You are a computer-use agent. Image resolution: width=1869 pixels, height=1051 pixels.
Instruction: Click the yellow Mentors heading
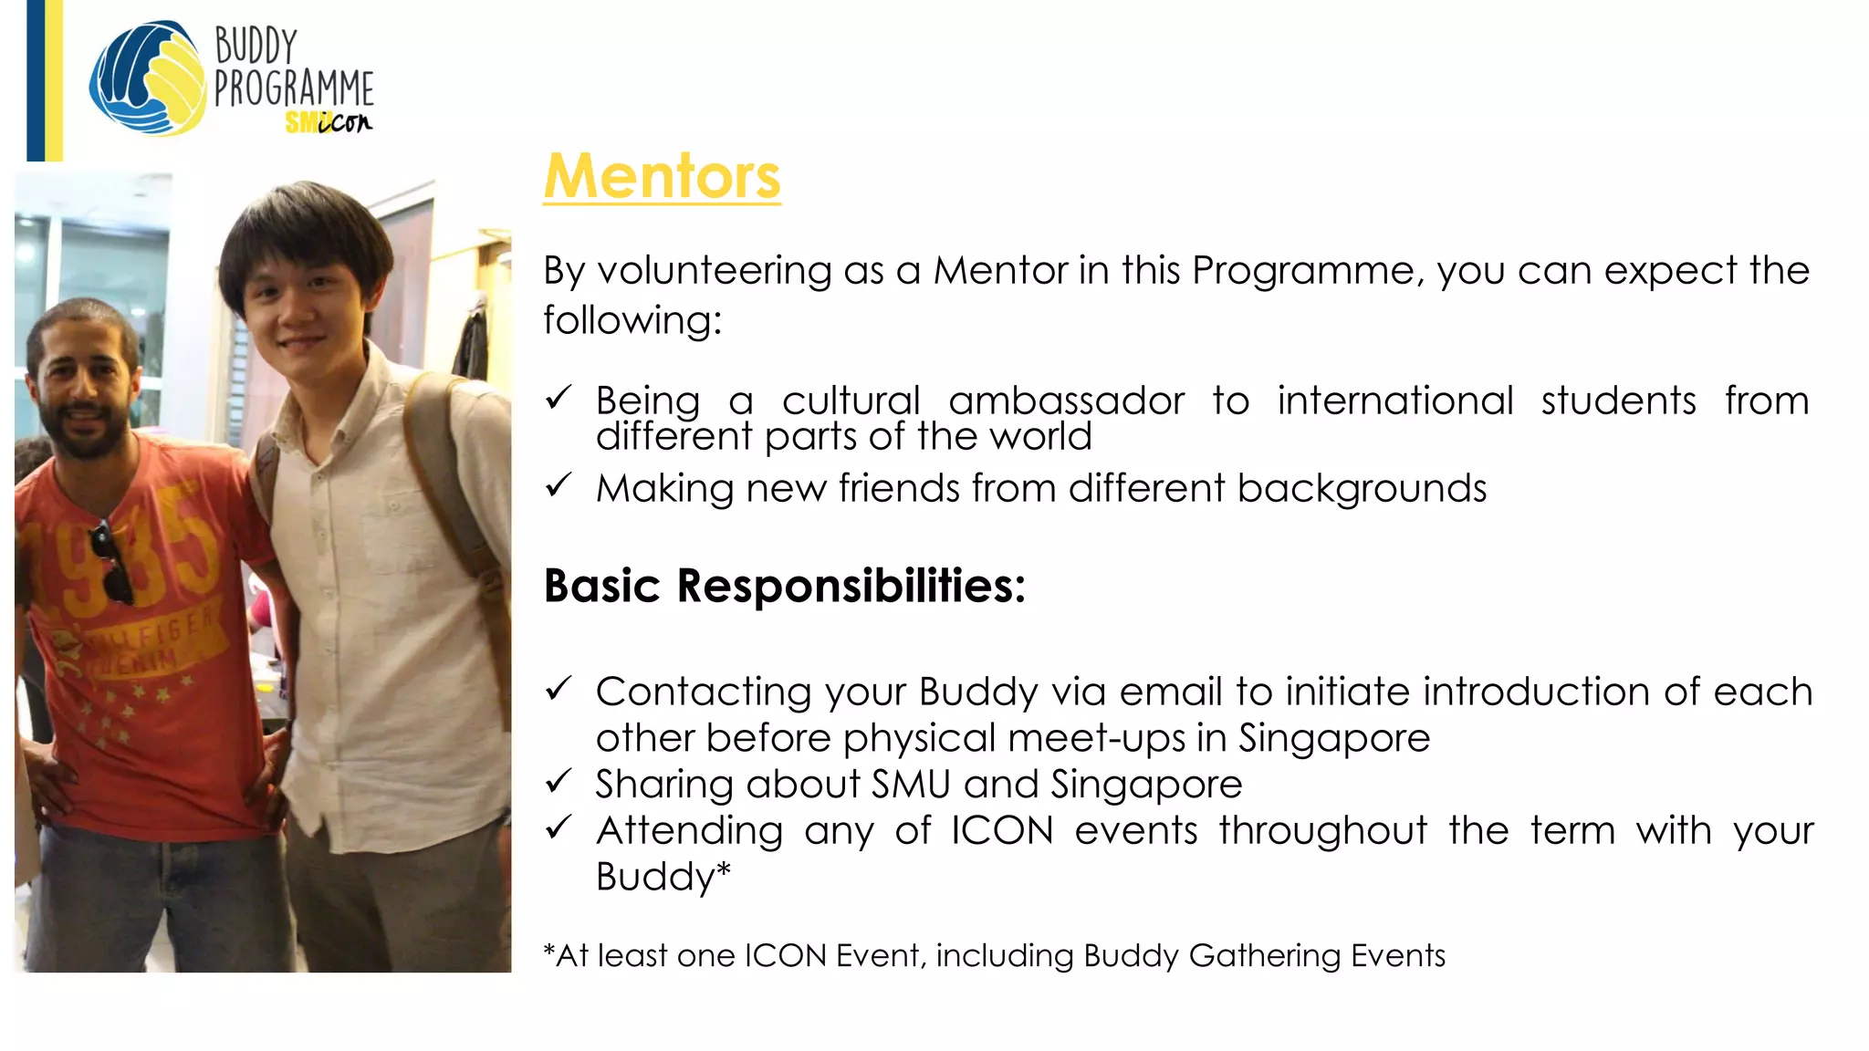(x=662, y=175)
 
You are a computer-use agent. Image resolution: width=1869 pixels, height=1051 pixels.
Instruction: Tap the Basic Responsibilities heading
(x=784, y=585)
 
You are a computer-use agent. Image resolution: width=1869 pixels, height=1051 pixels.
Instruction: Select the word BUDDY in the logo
(x=256, y=46)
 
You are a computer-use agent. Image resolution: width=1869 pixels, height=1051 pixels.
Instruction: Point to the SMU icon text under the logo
(x=329, y=121)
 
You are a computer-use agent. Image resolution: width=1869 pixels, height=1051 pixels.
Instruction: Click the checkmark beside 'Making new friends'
(x=558, y=485)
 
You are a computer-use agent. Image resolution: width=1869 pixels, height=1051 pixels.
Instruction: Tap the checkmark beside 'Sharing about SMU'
(x=558, y=781)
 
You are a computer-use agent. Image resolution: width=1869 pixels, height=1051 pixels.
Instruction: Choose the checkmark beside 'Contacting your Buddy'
(x=558, y=689)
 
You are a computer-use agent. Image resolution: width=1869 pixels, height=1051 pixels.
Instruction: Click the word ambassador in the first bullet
(x=1066, y=401)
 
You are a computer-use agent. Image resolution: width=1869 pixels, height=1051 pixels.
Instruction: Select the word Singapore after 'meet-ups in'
(x=1333, y=737)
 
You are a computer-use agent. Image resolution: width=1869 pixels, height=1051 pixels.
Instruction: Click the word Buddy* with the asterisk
(x=663, y=876)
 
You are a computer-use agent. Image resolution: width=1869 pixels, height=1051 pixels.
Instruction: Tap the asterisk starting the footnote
(x=548, y=952)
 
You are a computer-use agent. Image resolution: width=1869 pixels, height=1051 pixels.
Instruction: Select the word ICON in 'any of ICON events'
(x=1002, y=830)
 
